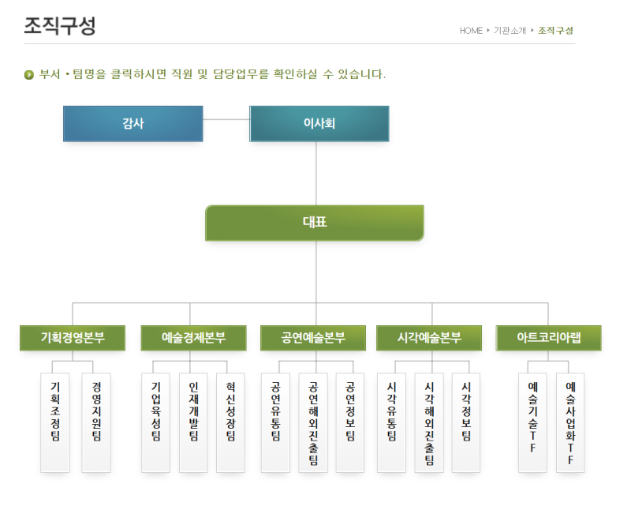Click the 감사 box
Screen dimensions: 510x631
tap(133, 123)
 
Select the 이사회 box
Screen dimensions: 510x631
tap(319, 123)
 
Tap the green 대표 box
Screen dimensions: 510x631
tap(315, 223)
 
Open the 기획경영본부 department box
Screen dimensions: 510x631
tap(73, 338)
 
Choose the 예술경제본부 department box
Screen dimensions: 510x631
tap(193, 338)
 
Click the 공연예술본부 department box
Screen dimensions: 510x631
tap(313, 338)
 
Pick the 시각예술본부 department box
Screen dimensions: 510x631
tap(429, 338)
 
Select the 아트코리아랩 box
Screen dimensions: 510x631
tap(549, 338)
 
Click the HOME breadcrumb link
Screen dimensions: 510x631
tap(471, 31)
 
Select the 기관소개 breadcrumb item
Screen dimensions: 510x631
tap(510, 31)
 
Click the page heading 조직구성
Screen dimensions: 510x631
tap(60, 26)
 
